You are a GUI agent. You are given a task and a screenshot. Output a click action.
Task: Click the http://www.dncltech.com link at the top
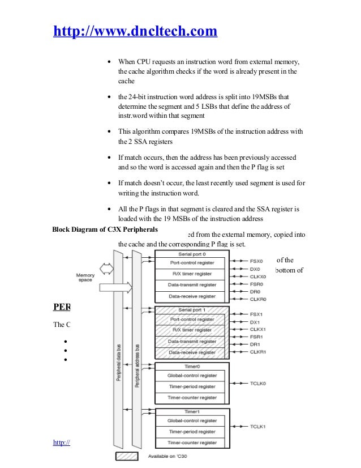tap(135, 31)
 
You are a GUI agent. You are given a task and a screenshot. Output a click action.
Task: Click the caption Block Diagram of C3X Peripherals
tap(105, 230)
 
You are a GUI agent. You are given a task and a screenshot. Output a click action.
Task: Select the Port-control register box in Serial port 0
tap(191, 263)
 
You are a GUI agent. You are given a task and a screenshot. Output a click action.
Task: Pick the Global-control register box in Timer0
tap(191, 375)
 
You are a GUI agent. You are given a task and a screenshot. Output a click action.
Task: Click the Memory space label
tap(85, 278)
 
